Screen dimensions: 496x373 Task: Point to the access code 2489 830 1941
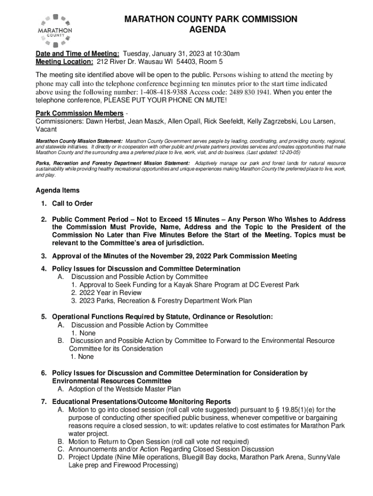pos(249,92)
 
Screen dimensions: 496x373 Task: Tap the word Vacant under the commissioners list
pos(47,129)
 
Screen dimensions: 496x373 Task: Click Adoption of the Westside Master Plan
pos(124,389)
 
